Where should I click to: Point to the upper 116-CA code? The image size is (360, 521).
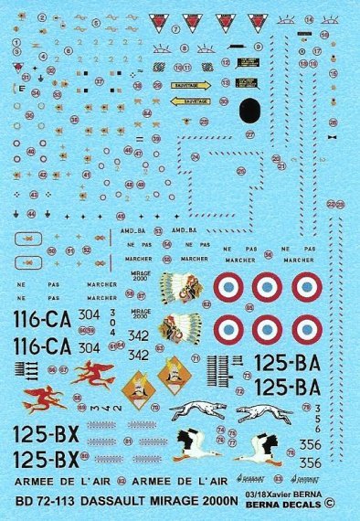coord(45,321)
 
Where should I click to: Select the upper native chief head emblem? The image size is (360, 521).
coord(180,288)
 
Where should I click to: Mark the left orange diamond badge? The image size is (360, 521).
coord(134,373)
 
